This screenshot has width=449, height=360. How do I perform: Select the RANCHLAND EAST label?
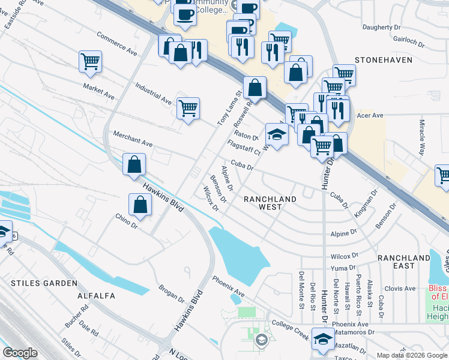(x=404, y=262)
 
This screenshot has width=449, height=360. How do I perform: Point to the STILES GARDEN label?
(x=44, y=283)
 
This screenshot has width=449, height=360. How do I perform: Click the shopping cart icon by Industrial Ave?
(x=188, y=108)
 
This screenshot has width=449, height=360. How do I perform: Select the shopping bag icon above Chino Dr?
(x=140, y=204)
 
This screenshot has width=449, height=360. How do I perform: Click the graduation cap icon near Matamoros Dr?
(x=323, y=340)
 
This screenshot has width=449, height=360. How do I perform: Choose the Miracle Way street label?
(x=421, y=137)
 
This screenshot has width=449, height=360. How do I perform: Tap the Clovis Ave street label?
(x=400, y=289)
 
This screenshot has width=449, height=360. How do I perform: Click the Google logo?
(x=20, y=353)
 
